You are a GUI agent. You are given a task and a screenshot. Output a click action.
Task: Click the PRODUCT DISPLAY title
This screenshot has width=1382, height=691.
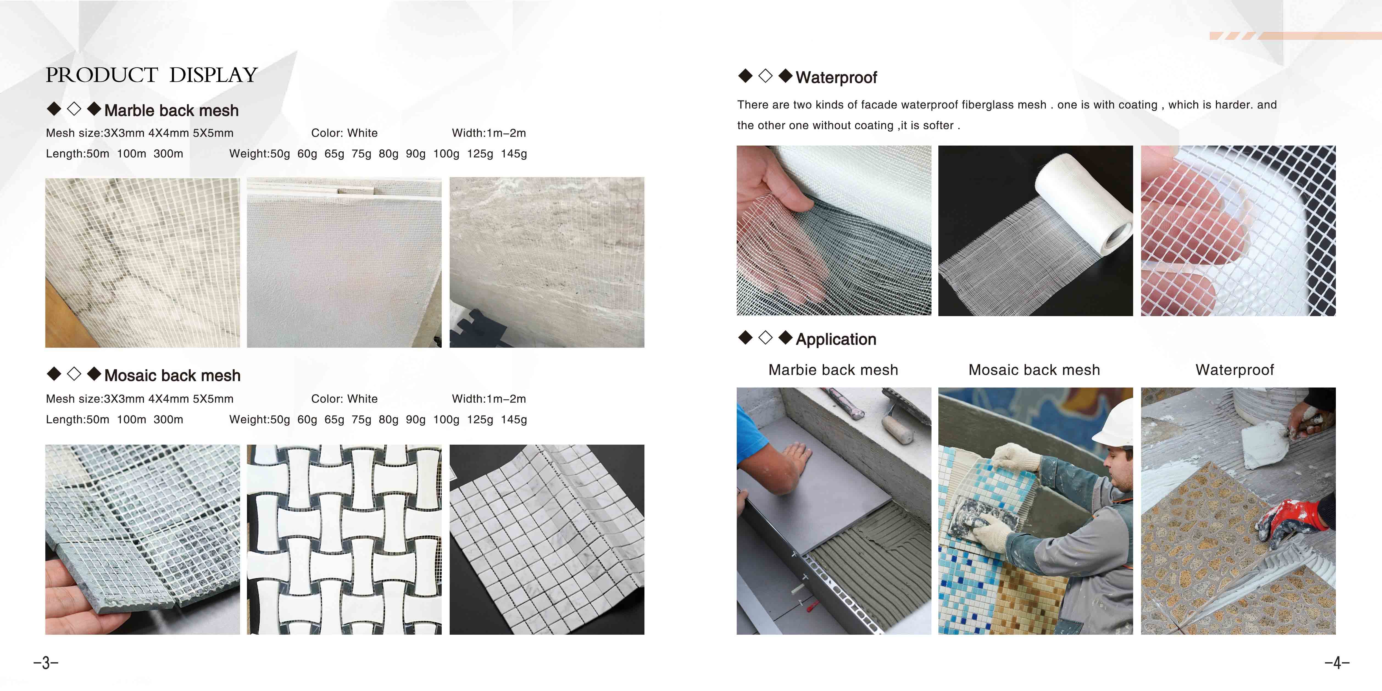point(152,75)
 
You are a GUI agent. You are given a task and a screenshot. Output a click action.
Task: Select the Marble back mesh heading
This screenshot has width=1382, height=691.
point(171,110)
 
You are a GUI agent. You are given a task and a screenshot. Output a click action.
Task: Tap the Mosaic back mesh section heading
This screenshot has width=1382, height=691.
point(172,375)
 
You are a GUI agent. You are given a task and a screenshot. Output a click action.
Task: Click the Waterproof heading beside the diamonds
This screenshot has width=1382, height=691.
point(836,78)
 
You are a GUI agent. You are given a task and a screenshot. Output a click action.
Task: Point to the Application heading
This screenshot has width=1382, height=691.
point(836,340)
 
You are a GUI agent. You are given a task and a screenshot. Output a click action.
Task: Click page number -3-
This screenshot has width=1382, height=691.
point(46,663)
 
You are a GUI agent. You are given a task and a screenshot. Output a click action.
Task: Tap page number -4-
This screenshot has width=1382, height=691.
point(1337,663)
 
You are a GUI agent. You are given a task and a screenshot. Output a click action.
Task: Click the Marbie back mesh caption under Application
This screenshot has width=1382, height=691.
point(833,370)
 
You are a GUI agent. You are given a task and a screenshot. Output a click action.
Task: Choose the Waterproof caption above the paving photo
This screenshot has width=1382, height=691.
point(1234,370)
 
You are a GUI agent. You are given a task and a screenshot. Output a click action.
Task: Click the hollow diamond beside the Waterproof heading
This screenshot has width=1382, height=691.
point(766,76)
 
